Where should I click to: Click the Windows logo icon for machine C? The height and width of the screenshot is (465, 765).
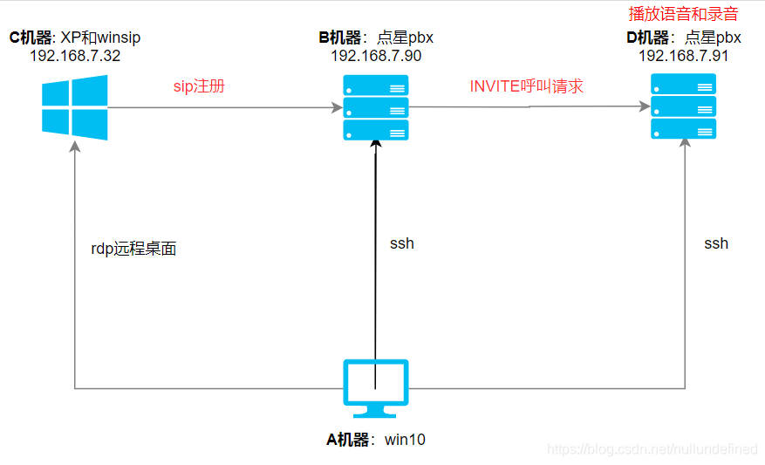pyautogui.click(x=75, y=107)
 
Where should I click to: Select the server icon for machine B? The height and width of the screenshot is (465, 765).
pyautogui.click(x=376, y=107)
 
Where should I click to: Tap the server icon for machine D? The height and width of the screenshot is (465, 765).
pyautogui.click(x=684, y=106)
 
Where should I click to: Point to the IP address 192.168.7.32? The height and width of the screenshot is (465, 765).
pyautogui.click(x=75, y=55)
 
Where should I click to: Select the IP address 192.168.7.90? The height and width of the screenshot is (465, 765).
pyautogui.click(x=376, y=55)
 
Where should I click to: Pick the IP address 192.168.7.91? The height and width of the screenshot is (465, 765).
pyautogui.click(x=684, y=55)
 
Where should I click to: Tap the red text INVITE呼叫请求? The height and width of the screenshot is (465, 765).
pyautogui.click(x=526, y=86)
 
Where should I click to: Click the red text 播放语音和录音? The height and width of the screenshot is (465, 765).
pyautogui.click(x=683, y=15)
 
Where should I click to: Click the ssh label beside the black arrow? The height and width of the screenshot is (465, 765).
pyautogui.click(x=402, y=243)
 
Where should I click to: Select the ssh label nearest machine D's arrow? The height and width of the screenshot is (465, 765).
pyautogui.click(x=716, y=243)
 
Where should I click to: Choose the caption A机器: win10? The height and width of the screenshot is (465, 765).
pyautogui.click(x=376, y=440)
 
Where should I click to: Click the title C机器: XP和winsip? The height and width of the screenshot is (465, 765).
pyautogui.click(x=75, y=38)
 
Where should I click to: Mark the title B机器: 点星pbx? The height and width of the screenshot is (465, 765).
pyautogui.click(x=376, y=38)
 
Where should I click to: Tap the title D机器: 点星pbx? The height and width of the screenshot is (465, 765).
pyautogui.click(x=684, y=38)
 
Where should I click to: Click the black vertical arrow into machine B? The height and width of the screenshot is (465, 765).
pyautogui.click(x=375, y=262)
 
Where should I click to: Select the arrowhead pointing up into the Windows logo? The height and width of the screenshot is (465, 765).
pyautogui.click(x=75, y=147)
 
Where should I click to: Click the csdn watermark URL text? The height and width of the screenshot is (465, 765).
pyautogui.click(x=652, y=449)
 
